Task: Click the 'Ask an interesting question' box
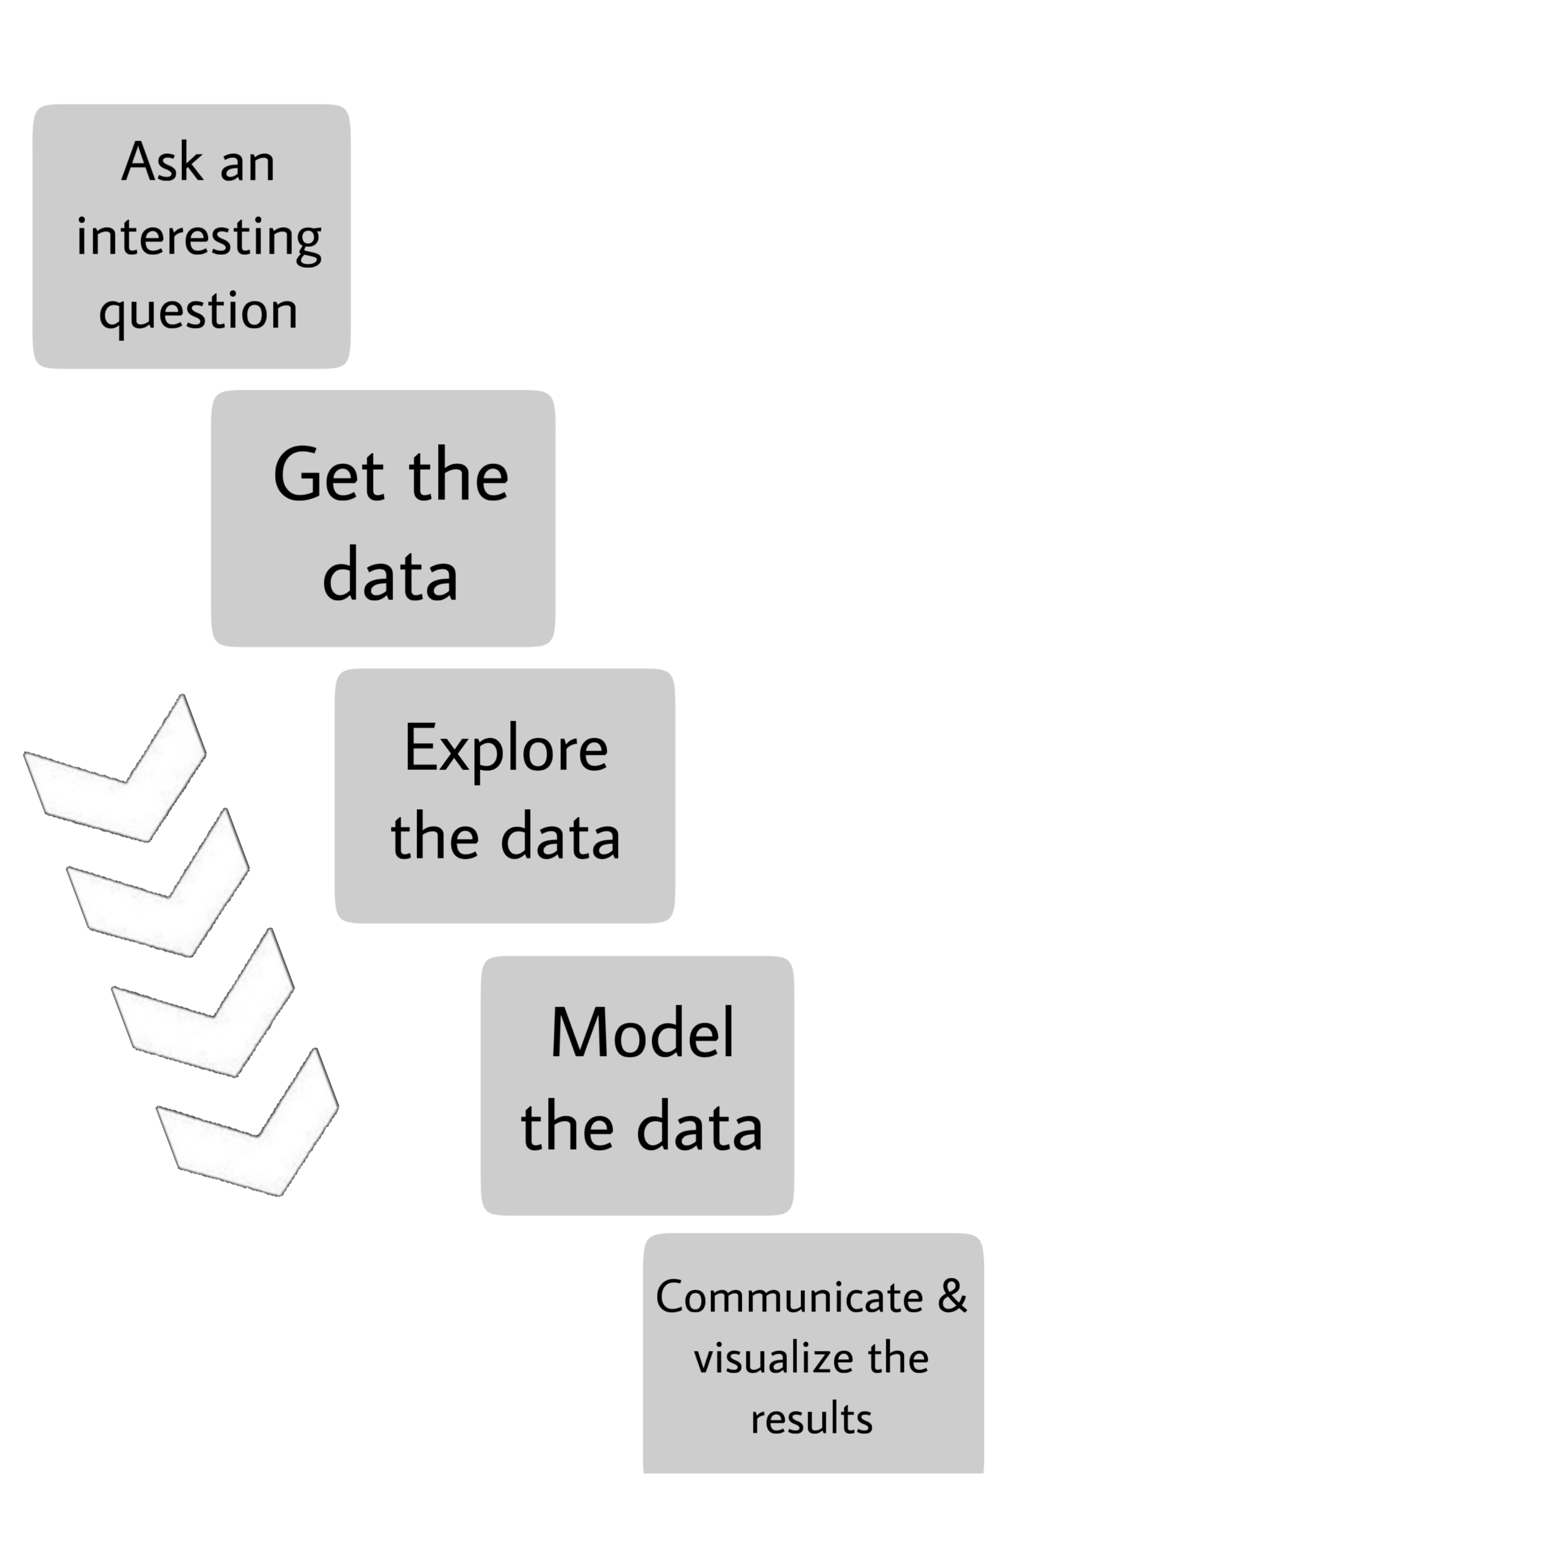[191, 236]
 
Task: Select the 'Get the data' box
[383, 519]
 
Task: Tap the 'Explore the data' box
[504, 796]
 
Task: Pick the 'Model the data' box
[637, 1085]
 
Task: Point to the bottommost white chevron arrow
[251, 1125]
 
